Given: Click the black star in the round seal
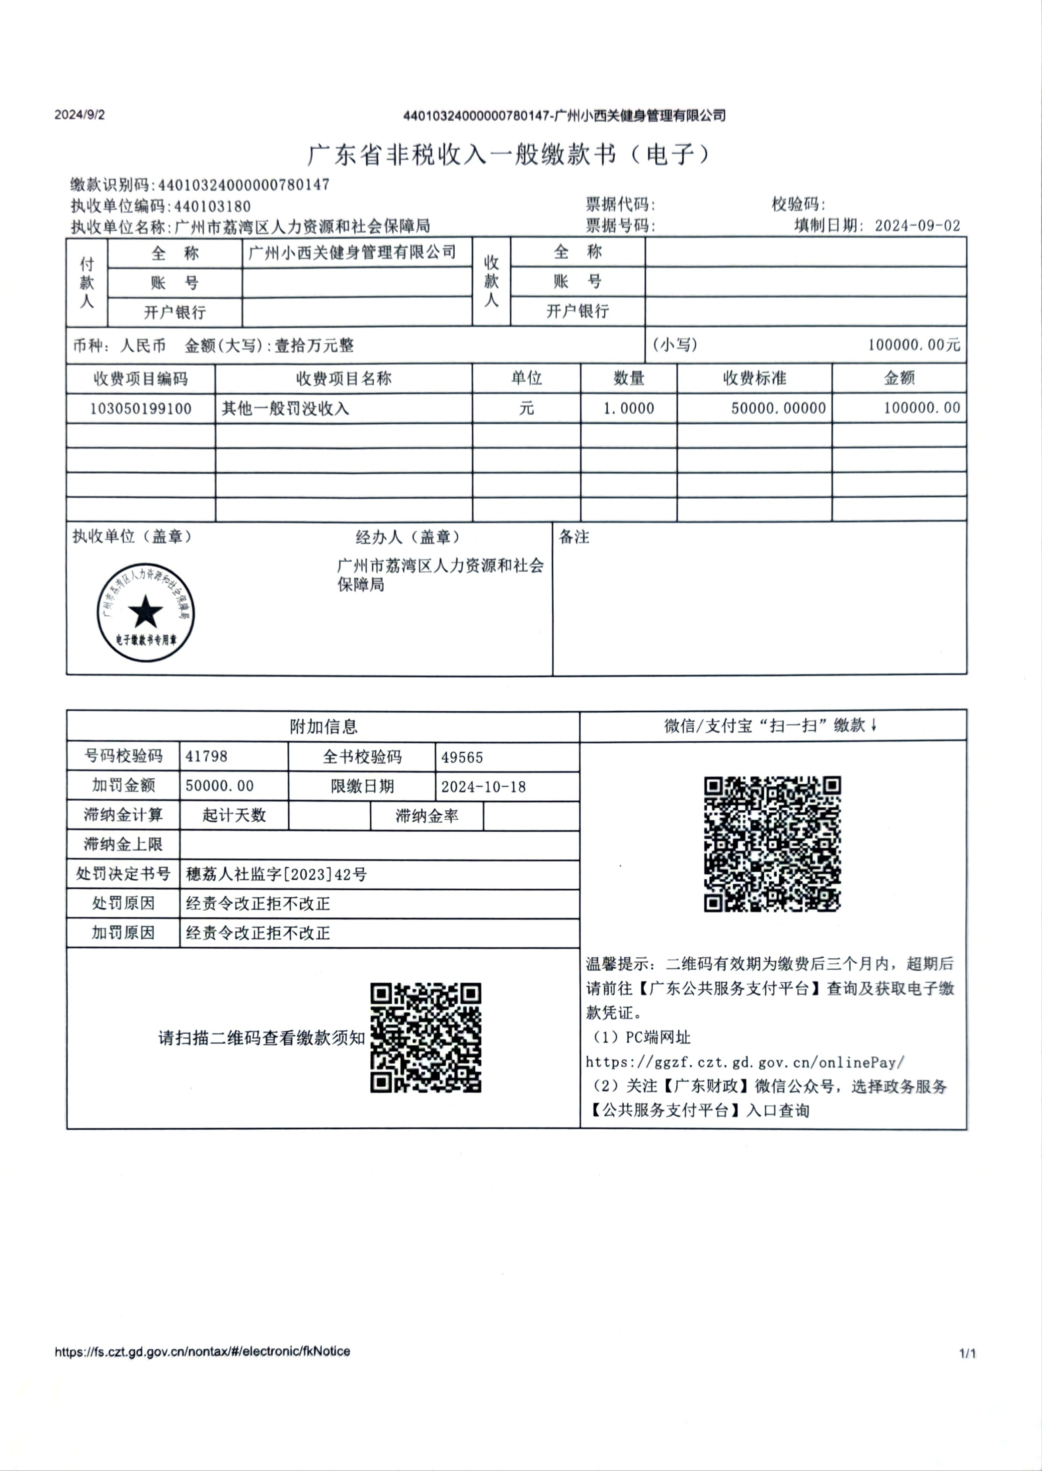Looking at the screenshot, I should pos(146,612).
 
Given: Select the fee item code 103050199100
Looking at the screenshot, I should pos(140,408).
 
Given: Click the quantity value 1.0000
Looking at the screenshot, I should pos(628,408).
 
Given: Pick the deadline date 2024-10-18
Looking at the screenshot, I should pos(483,786).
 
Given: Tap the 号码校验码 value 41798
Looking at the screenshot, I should pos(207,756).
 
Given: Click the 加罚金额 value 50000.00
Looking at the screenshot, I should pos(219,786).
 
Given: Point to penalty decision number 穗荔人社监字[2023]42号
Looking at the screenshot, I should pos(276,874).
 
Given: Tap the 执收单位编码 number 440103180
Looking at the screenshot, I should pos(212,206).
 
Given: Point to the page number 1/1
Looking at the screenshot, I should pos(967,1354).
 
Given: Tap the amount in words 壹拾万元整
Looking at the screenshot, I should pos(314,346).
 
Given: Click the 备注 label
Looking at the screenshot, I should pos(574,537).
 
